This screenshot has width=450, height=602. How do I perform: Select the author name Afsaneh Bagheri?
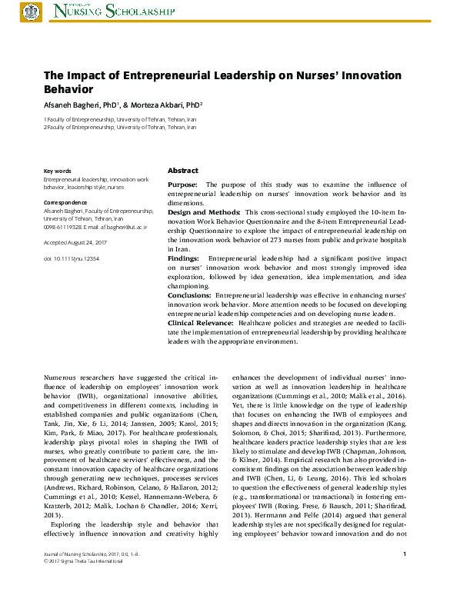(x=72, y=103)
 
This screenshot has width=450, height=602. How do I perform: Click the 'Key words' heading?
(x=58, y=171)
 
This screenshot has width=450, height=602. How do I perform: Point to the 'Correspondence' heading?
(x=64, y=203)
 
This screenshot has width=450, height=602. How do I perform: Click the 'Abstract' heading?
(x=182, y=171)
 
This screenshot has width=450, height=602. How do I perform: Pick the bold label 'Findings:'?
(x=184, y=258)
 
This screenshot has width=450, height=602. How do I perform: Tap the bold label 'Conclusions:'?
(x=190, y=295)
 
